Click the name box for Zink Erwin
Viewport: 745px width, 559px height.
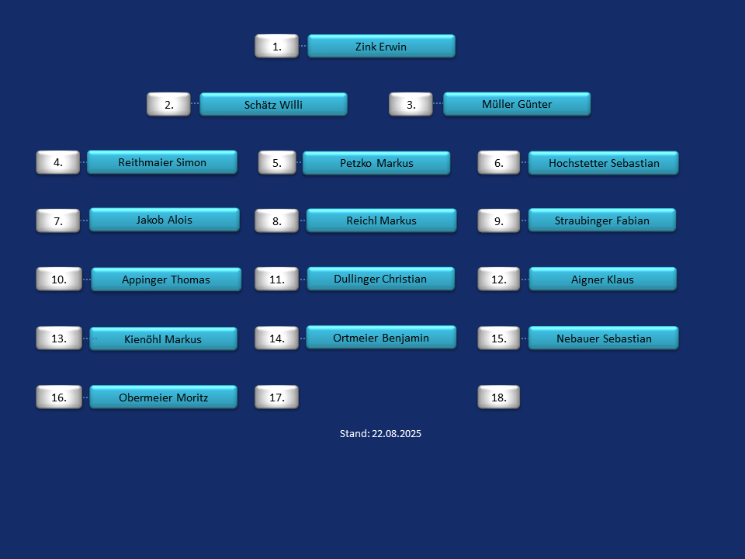point(382,46)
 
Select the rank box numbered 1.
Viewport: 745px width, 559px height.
point(276,46)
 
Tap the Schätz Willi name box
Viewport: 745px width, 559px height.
point(273,104)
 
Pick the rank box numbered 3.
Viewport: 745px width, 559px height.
point(411,104)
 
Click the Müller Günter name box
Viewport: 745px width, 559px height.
point(517,103)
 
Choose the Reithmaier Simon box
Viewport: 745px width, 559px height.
point(162,162)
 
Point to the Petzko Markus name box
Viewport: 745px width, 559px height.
point(376,163)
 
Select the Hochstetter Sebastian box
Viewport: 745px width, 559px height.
point(604,163)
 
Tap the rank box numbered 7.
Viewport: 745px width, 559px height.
point(58,220)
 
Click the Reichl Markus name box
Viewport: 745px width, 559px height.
point(382,220)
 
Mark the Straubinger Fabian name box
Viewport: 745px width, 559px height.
point(602,220)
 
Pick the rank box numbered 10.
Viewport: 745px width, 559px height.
point(59,279)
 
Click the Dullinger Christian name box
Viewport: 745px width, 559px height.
point(381,279)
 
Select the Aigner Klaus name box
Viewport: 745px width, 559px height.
point(602,279)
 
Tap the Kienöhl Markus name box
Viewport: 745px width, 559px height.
point(164,339)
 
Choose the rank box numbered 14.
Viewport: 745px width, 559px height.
point(276,338)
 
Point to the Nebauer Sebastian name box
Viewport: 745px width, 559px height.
point(604,338)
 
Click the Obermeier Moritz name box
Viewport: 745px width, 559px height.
point(164,397)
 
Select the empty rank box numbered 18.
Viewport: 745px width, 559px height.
point(498,397)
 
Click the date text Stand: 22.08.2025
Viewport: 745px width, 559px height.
point(380,433)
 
